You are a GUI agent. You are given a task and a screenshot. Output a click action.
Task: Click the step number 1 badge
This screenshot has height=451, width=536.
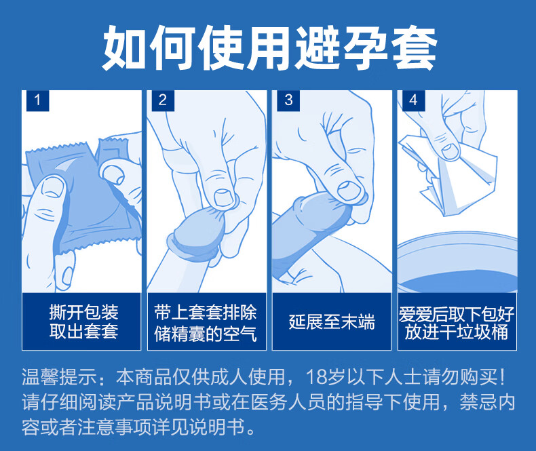[x=37, y=100]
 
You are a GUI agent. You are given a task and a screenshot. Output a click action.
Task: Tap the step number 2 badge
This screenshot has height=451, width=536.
[x=163, y=100]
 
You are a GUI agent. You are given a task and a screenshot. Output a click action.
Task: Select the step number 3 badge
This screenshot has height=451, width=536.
[x=288, y=100]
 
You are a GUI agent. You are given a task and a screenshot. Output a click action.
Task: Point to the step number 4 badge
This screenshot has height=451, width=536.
[x=414, y=100]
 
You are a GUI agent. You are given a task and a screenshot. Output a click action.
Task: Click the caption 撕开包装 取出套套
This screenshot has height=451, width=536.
[x=83, y=321]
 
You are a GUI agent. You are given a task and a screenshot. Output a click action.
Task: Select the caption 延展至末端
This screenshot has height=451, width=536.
[x=332, y=322]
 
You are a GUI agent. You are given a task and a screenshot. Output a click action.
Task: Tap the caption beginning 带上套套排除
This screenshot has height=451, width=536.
[x=205, y=323]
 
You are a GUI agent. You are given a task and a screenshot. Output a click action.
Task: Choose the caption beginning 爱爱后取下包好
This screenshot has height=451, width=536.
[x=457, y=323]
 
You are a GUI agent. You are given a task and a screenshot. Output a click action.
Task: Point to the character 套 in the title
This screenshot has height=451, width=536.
[x=414, y=48]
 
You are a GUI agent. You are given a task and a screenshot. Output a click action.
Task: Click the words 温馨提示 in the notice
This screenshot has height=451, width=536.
[x=60, y=377]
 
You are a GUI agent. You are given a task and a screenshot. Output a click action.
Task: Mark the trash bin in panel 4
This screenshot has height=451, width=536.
[x=457, y=262]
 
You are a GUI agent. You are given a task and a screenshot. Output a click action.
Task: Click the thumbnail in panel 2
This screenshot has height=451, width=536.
[x=224, y=197]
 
